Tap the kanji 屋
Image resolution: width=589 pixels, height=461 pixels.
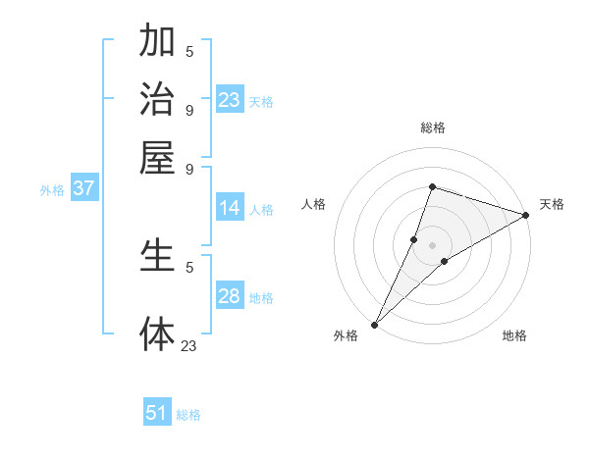point(157,156)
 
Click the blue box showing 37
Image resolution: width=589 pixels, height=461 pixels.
point(83,189)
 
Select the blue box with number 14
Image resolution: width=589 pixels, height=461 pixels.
point(230,208)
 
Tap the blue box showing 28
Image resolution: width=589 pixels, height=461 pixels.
point(230,296)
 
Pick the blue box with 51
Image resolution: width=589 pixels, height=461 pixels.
point(157,413)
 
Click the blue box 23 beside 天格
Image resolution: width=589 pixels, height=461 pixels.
point(230,100)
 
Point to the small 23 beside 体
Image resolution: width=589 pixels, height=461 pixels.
point(188,344)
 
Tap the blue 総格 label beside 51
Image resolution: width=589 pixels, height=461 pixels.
point(188,415)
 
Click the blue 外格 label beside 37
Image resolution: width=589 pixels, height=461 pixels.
point(52,190)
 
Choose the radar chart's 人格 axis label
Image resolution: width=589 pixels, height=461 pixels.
point(314,204)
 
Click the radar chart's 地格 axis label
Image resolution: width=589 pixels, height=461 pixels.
point(514,336)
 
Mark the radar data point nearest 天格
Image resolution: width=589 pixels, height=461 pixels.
point(526,215)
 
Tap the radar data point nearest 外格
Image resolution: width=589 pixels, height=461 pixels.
point(374,325)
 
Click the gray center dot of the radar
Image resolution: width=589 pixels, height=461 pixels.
point(432,244)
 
